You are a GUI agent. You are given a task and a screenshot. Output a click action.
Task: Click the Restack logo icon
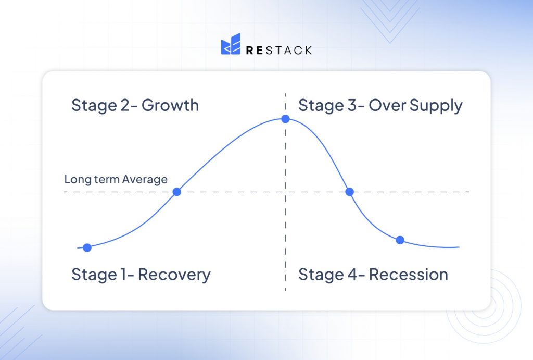(x=231, y=45)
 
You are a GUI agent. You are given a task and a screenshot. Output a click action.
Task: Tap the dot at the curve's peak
(x=285, y=119)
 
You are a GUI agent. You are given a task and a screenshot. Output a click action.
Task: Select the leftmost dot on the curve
(x=87, y=247)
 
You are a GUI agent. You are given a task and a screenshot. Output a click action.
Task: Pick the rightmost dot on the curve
(x=400, y=240)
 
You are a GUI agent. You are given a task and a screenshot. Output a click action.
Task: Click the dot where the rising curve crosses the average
(x=176, y=192)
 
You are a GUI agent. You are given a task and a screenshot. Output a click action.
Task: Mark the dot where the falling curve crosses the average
(x=350, y=192)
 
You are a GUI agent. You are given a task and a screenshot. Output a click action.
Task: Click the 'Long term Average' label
(x=116, y=179)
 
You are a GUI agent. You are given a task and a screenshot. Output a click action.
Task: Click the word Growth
(x=170, y=105)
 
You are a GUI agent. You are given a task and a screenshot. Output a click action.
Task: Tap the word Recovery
(x=174, y=275)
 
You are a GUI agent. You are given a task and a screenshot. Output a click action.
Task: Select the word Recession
(x=409, y=275)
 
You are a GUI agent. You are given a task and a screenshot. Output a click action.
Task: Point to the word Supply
(x=436, y=106)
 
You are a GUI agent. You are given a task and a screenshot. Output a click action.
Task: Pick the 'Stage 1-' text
(x=103, y=275)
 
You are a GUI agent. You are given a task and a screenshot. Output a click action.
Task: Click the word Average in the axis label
(x=145, y=179)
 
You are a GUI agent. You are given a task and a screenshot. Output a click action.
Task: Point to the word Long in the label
(x=75, y=179)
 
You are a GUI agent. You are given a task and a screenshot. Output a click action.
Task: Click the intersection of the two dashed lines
(x=285, y=192)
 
